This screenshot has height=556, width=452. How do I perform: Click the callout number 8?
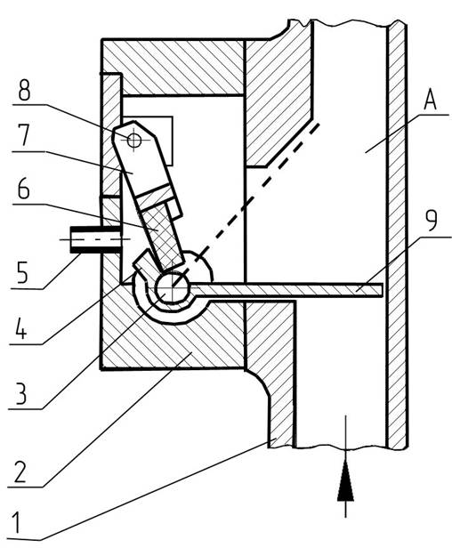tap(24, 91)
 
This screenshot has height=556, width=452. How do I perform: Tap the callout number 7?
tap(24, 135)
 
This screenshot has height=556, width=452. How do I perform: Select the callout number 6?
tap(24, 189)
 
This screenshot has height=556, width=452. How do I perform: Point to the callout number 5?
tap(22, 273)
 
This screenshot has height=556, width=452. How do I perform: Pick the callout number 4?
tap(21, 328)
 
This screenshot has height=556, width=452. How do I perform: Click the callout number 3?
tap(21, 393)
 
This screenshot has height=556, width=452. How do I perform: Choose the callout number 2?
tap(20, 471)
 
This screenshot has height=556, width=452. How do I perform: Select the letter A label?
tap(430, 100)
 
